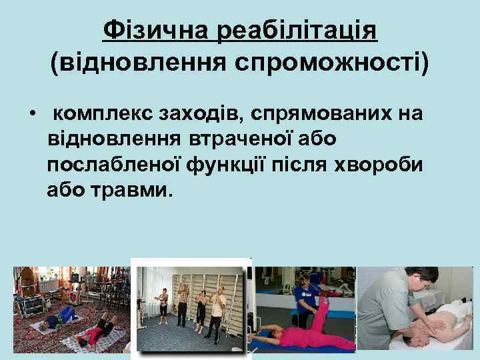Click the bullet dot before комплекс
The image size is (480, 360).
pyautogui.click(x=32, y=113)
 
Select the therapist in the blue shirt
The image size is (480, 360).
pyautogui.click(x=303, y=297)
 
